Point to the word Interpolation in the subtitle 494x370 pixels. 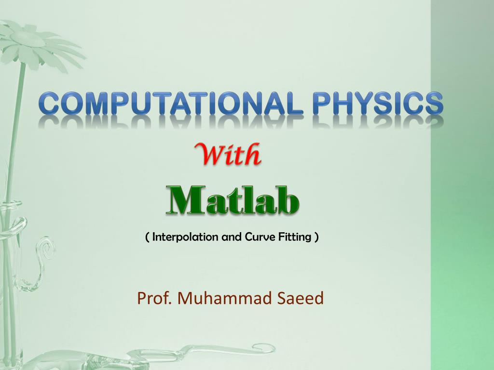[x=185, y=237]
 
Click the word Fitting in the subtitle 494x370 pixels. [x=294, y=237]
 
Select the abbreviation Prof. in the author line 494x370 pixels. [x=155, y=299]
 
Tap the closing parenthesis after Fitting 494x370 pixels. [x=316, y=237]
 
